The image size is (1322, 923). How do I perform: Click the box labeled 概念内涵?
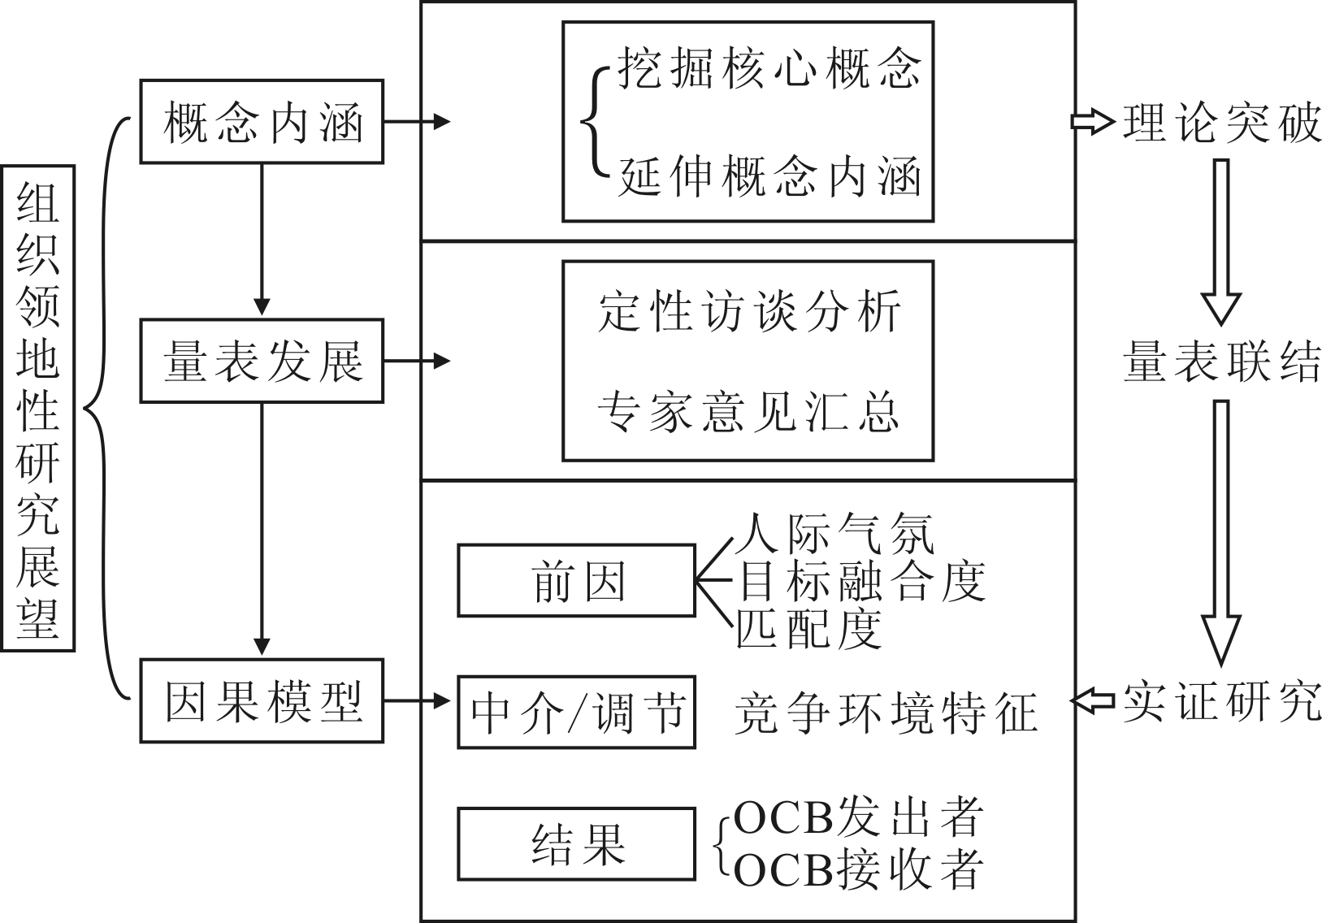261,122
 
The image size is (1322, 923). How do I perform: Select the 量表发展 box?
261,361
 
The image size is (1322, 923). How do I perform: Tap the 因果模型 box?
261,700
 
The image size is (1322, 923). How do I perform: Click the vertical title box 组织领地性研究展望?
38,408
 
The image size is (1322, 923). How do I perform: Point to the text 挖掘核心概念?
769,67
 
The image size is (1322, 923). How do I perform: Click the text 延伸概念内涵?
769,175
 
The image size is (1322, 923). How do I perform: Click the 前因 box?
576,580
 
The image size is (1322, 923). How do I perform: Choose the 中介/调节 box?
576,712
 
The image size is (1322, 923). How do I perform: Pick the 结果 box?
576,843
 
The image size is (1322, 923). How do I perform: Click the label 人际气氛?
835,534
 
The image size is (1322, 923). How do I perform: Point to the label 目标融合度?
860,581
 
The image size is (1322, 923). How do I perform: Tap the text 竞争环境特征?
886,713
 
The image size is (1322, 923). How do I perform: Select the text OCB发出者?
858,817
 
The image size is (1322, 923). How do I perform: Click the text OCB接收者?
858,869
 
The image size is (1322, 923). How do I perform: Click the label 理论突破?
1221,123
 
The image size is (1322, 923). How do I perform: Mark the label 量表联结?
1221,361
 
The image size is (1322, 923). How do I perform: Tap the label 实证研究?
1221,700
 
